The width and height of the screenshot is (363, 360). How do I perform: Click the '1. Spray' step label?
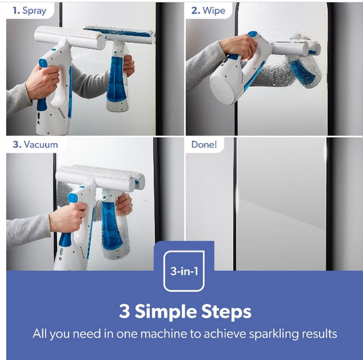point(30,11)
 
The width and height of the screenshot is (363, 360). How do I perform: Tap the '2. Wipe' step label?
point(208,11)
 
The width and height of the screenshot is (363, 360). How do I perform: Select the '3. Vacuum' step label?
point(35,144)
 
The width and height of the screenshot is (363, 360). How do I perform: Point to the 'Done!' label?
point(204,144)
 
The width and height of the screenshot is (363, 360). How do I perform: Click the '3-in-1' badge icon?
point(184,271)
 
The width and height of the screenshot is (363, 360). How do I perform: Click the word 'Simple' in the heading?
point(166,312)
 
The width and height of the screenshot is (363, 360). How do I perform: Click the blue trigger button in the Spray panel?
point(43,63)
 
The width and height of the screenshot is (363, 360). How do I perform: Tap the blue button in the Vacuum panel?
point(73,198)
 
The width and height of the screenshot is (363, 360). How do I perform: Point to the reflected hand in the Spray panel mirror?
point(128,65)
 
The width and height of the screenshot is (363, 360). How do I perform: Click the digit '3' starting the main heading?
point(124,311)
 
